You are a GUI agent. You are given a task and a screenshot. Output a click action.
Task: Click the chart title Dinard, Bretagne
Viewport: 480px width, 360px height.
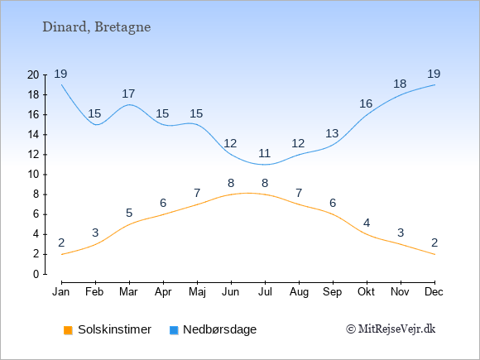click(97, 27)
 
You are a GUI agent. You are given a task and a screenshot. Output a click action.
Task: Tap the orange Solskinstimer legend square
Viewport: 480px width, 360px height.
click(68, 330)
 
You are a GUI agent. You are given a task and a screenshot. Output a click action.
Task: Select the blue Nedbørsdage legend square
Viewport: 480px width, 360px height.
click(174, 330)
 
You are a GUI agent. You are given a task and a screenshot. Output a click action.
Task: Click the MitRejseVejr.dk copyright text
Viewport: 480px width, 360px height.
click(391, 329)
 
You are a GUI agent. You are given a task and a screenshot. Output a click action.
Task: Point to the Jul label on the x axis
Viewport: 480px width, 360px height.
click(265, 292)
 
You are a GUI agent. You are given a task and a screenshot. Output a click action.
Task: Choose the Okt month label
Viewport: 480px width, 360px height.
click(366, 292)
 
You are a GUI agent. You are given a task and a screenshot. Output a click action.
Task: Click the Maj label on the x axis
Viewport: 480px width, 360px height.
click(197, 292)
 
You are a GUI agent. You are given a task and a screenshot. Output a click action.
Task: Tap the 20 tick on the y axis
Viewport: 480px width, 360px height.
click(33, 74)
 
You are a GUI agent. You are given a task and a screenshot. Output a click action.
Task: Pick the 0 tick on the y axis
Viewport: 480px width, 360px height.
click(36, 274)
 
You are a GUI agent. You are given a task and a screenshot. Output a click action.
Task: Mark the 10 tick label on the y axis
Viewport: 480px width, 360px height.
click(33, 175)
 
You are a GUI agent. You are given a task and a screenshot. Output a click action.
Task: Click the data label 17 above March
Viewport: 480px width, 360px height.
click(128, 94)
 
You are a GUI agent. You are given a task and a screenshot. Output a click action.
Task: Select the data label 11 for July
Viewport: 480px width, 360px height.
click(264, 153)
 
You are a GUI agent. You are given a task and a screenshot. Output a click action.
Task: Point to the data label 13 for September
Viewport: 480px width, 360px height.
click(332, 133)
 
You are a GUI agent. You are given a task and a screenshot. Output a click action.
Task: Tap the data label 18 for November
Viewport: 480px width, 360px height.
click(400, 84)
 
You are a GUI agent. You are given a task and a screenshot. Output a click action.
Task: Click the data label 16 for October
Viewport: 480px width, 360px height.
click(366, 104)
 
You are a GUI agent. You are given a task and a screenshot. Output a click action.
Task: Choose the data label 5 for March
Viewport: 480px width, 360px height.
click(129, 213)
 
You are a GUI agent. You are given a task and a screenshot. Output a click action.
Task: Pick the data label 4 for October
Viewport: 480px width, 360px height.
click(367, 223)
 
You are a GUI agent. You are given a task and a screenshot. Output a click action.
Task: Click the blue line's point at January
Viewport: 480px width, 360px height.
click(61, 84)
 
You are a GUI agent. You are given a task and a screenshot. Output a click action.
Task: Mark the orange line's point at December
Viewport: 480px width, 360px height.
click(434, 254)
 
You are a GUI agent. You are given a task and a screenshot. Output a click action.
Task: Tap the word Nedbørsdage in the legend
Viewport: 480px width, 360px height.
click(220, 329)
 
